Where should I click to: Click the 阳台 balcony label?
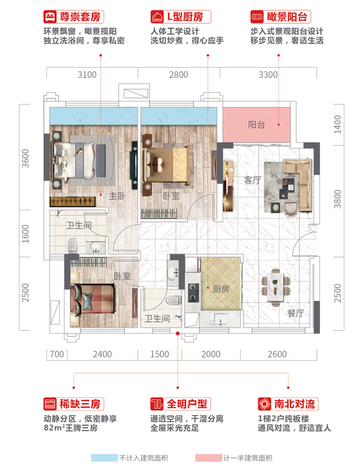pyautogui.click(x=256, y=126)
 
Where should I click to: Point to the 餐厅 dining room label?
pyautogui.click(x=296, y=313)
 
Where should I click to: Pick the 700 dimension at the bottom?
pyautogui.click(x=57, y=354)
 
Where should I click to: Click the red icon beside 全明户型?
pyautogui.click(x=155, y=404)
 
